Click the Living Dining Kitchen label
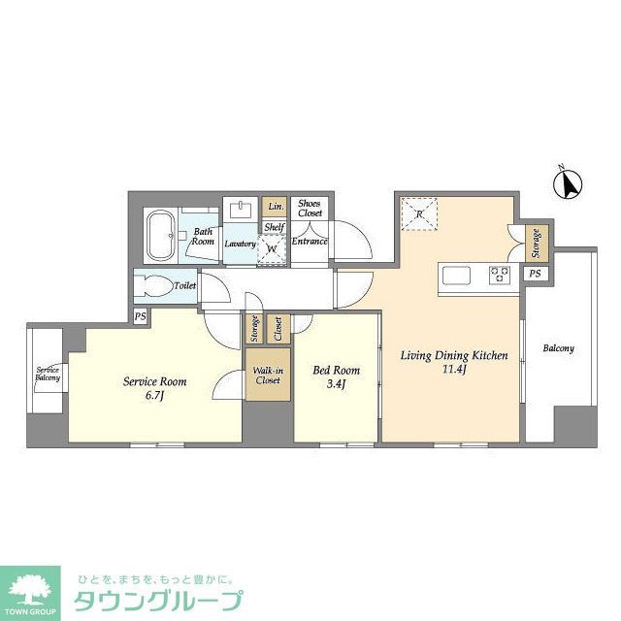454,355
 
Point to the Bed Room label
336,370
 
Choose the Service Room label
154,381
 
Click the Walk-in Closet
268,375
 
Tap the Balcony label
558,348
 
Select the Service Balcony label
48,374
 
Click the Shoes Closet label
310,208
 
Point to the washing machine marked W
273,247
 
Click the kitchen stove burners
501,274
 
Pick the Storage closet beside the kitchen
536,244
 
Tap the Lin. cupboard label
275,207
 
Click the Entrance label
310,241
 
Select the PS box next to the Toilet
141,316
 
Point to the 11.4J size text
455,370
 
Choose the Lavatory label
239,244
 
